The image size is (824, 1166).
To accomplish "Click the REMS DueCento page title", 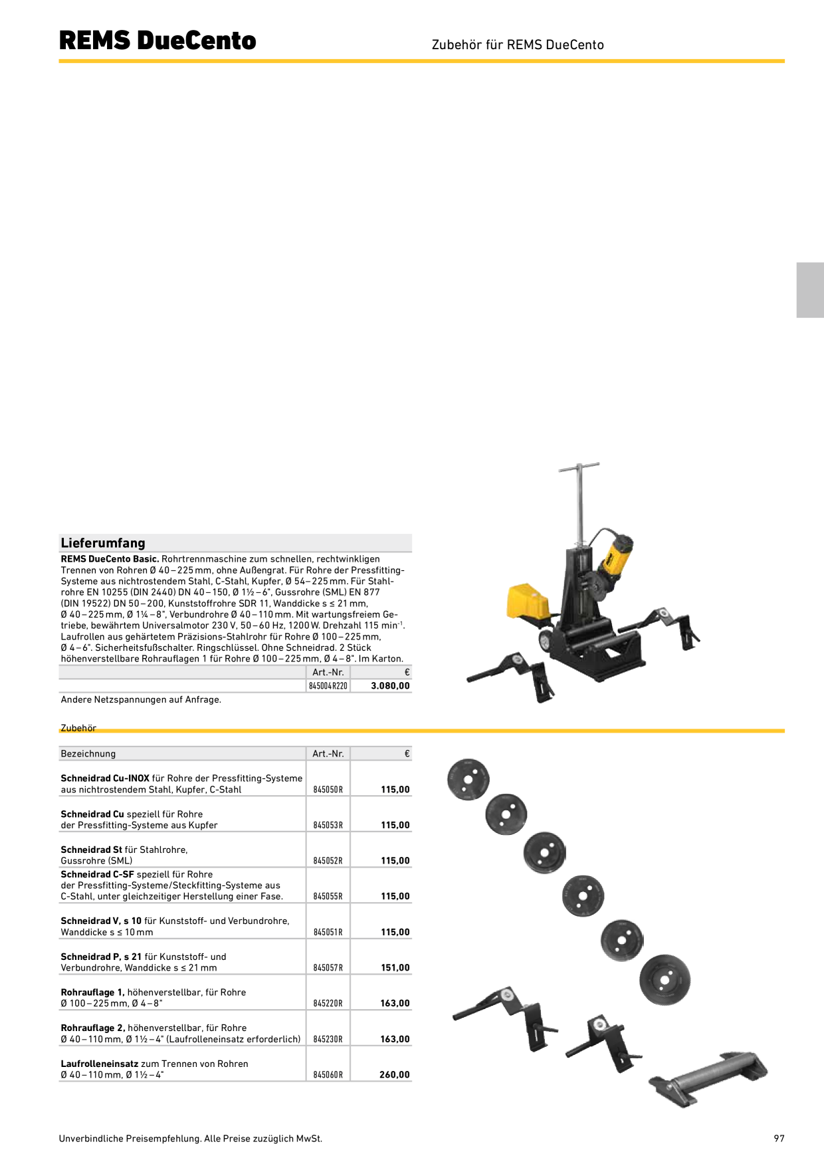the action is click(157, 41).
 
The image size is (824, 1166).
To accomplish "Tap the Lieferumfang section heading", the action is click(103, 543).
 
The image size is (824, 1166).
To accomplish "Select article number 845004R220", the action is click(328, 686).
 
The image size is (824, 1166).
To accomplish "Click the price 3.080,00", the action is click(391, 686).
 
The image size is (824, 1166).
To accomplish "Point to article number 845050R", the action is click(328, 790).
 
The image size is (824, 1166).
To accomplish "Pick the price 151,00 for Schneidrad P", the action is click(395, 968).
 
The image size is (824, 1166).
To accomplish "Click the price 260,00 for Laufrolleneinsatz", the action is click(395, 1075).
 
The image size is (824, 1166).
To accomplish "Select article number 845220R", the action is click(328, 1004).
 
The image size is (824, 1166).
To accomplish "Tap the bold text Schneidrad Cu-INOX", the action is click(105, 778).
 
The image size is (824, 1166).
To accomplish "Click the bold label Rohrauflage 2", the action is click(93, 1028).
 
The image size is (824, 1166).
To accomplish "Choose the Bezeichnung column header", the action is click(88, 754).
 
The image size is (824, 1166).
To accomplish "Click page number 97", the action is click(779, 1139).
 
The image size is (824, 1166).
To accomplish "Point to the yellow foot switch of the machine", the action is click(528, 602).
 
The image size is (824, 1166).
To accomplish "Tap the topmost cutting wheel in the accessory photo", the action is click(468, 779).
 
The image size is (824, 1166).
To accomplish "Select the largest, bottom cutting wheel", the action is click(665, 980).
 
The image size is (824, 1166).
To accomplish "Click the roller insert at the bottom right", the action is click(708, 1078).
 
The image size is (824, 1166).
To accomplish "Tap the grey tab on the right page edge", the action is click(810, 290).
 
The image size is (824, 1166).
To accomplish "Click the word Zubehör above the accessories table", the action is click(78, 728).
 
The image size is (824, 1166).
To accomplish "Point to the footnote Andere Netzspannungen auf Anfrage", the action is click(141, 700).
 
